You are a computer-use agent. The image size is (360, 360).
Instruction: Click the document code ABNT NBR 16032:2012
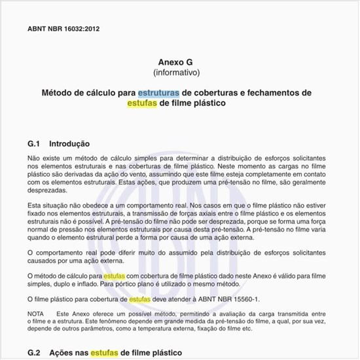point(63,29)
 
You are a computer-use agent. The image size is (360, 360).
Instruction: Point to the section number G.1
point(35,143)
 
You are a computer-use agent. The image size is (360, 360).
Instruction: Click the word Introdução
point(70,143)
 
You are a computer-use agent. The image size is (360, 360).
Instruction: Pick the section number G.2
point(35,352)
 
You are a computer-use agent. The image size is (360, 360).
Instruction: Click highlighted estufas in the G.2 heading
point(103,352)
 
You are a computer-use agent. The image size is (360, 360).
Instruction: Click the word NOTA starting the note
point(36,314)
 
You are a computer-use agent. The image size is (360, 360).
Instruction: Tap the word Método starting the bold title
point(58,92)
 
